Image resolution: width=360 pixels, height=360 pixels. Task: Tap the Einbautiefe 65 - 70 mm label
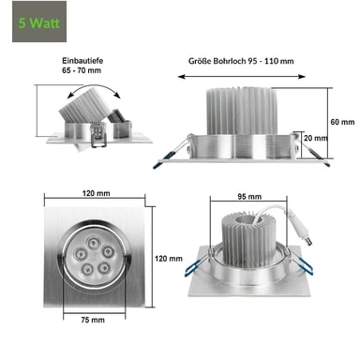[x=82, y=66]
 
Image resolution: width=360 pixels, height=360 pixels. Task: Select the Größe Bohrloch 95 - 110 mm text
[x=241, y=61]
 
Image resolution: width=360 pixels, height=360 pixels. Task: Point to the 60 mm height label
[x=342, y=122]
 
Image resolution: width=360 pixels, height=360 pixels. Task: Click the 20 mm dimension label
[x=315, y=138]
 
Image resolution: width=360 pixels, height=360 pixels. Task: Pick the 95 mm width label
[x=249, y=197]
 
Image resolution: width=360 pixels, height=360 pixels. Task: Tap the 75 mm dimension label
[x=93, y=320]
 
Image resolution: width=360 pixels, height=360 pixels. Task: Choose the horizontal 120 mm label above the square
[x=97, y=193]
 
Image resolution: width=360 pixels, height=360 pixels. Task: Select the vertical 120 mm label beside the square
[x=169, y=259]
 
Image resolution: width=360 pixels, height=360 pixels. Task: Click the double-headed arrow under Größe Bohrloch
[x=242, y=77]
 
